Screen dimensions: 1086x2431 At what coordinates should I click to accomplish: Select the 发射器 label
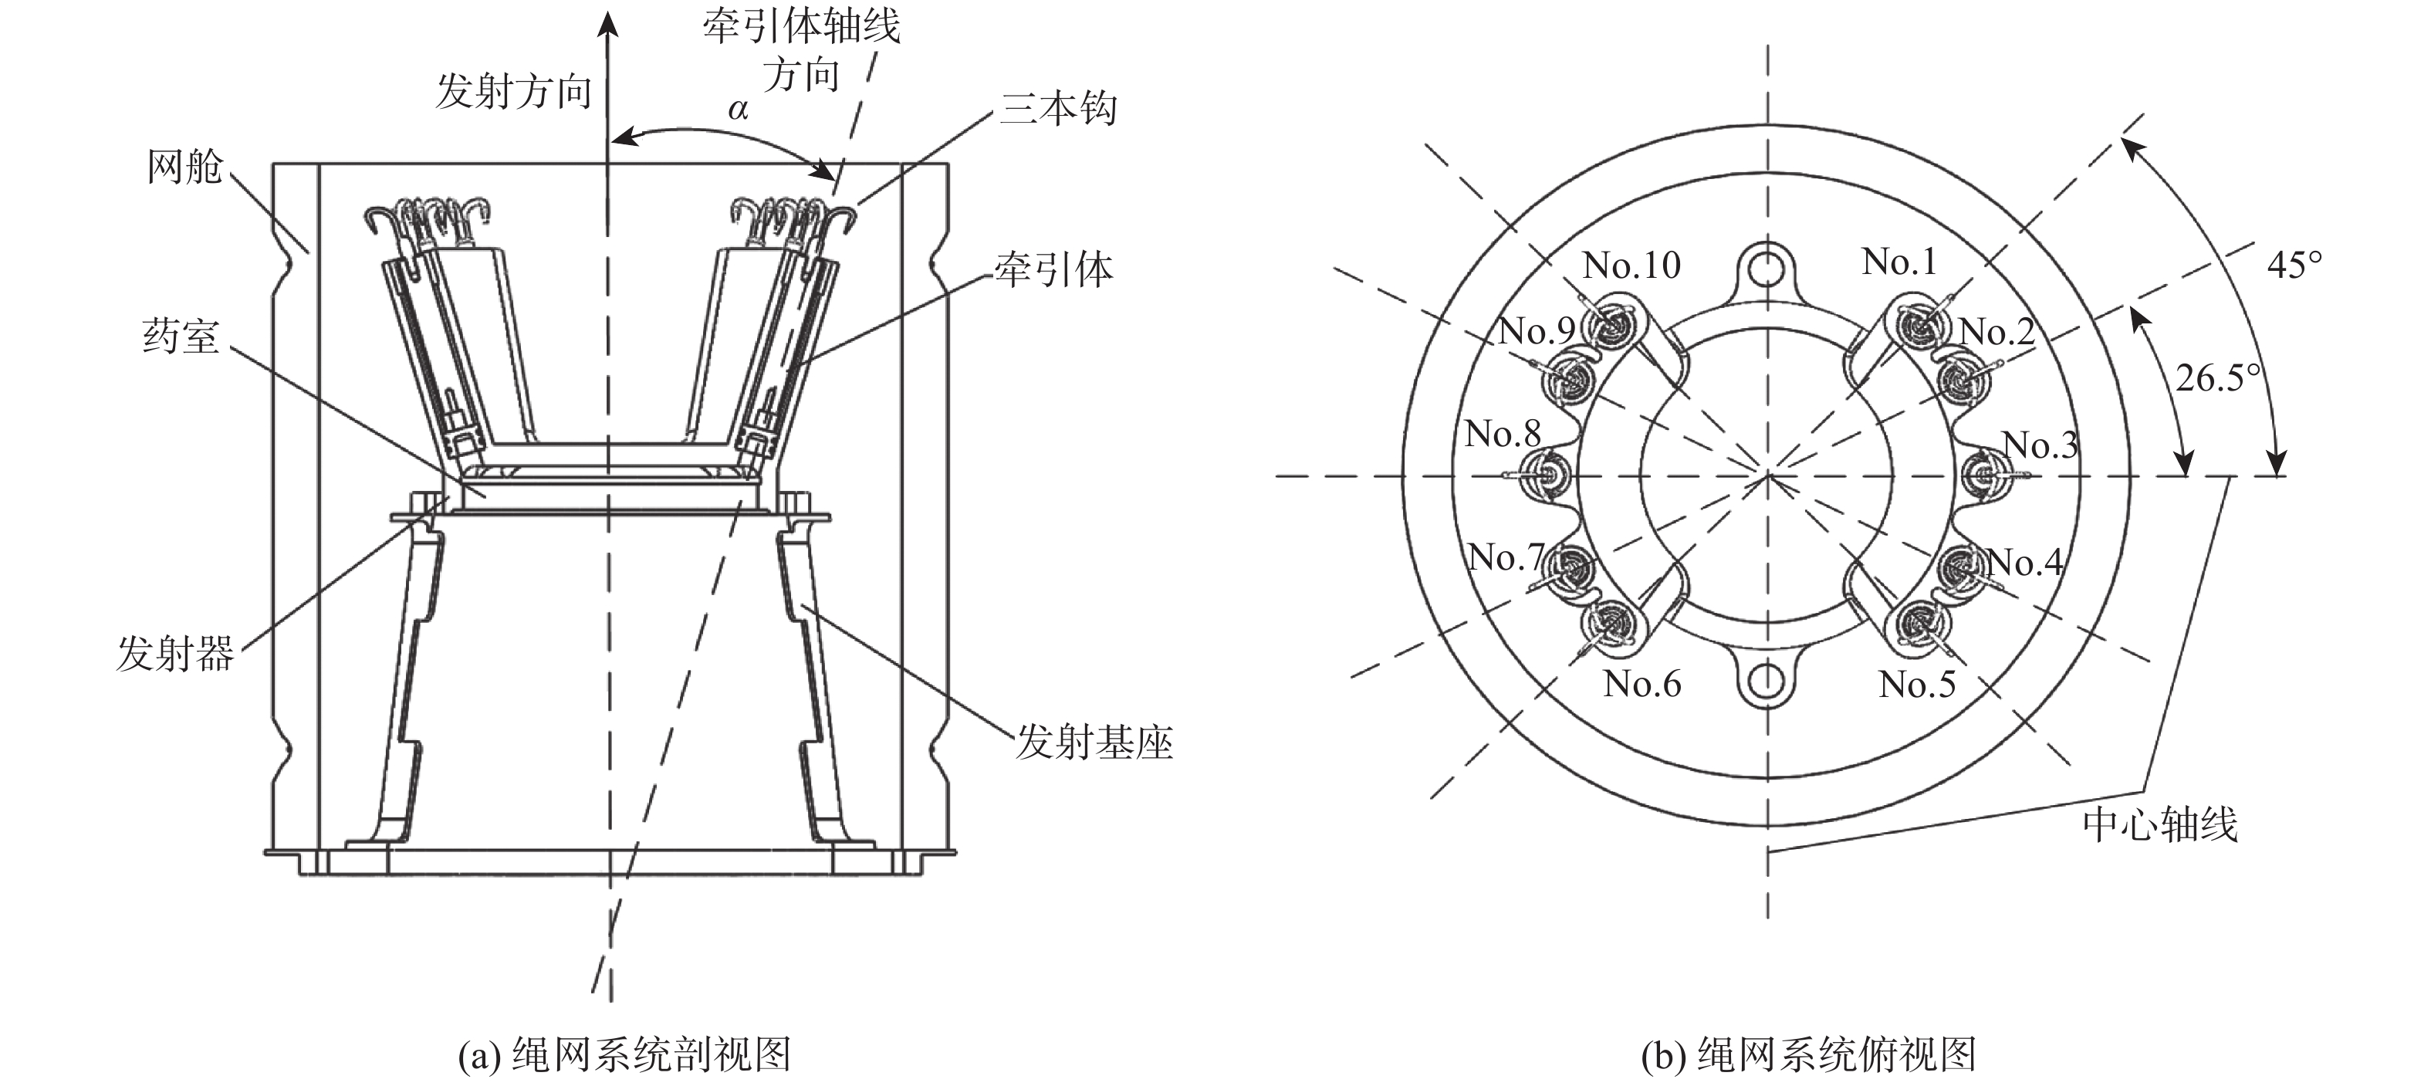pyautogui.click(x=174, y=653)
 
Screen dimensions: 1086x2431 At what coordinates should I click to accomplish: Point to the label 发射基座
pyautogui.click(x=1094, y=743)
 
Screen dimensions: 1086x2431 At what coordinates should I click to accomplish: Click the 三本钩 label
pyautogui.click(x=1058, y=110)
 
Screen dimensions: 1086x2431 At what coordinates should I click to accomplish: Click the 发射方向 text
pyautogui.click(x=513, y=92)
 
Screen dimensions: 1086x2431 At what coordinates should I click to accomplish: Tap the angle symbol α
pyautogui.click(x=738, y=110)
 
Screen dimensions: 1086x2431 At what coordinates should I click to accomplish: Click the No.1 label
pyautogui.click(x=1898, y=262)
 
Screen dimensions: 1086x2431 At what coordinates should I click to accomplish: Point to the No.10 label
pyautogui.click(x=1631, y=265)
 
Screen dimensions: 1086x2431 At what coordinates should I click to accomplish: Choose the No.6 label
pyautogui.click(x=1642, y=683)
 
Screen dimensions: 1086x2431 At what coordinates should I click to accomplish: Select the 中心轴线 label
pyautogui.click(x=2159, y=824)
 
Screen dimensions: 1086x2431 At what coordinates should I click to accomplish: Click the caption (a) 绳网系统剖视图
pyautogui.click(x=624, y=1055)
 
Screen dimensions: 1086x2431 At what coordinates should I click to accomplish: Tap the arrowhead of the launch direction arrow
pyautogui.click(x=610, y=24)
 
